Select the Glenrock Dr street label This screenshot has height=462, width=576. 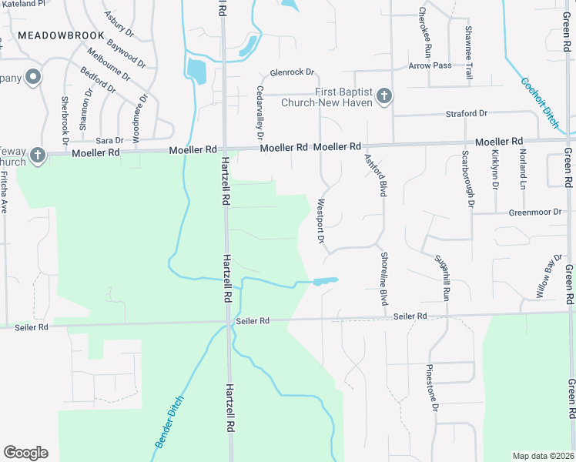pos(293,72)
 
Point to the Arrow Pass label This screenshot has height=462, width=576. pos(430,66)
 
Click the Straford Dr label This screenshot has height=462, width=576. pos(467,114)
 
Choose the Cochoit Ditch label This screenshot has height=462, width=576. pos(538,101)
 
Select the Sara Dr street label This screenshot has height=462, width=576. pos(109,140)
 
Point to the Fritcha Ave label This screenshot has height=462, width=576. pos(5,192)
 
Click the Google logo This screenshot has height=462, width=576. pos(25,453)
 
